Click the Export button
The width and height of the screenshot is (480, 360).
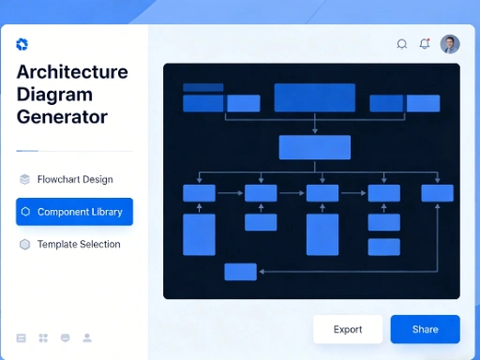[x=348, y=329]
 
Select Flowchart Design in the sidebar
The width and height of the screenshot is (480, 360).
[x=75, y=179]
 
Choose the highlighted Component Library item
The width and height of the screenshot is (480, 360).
[x=75, y=212]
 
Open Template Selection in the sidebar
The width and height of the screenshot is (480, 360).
[x=79, y=245]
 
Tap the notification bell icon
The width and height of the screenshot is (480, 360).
[x=425, y=43]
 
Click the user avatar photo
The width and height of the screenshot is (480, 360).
[x=450, y=44]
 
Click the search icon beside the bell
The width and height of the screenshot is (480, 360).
[x=402, y=43]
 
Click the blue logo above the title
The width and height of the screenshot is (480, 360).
[x=22, y=44]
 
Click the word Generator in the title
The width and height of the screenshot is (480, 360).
[x=62, y=117]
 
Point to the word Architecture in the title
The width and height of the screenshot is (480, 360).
[x=72, y=72]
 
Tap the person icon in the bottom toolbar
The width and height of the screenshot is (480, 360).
[x=87, y=337]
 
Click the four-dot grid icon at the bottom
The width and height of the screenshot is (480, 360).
[x=43, y=337]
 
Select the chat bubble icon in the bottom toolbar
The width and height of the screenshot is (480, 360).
[x=65, y=337]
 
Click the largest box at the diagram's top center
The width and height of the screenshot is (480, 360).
[x=314, y=97]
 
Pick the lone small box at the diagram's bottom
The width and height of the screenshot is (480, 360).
[x=240, y=271]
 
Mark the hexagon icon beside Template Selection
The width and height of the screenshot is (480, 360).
[x=24, y=245]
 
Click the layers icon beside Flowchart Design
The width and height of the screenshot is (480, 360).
[x=24, y=179]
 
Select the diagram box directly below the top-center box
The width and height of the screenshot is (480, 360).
[x=314, y=147]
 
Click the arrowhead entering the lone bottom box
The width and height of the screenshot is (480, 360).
[x=260, y=271]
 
